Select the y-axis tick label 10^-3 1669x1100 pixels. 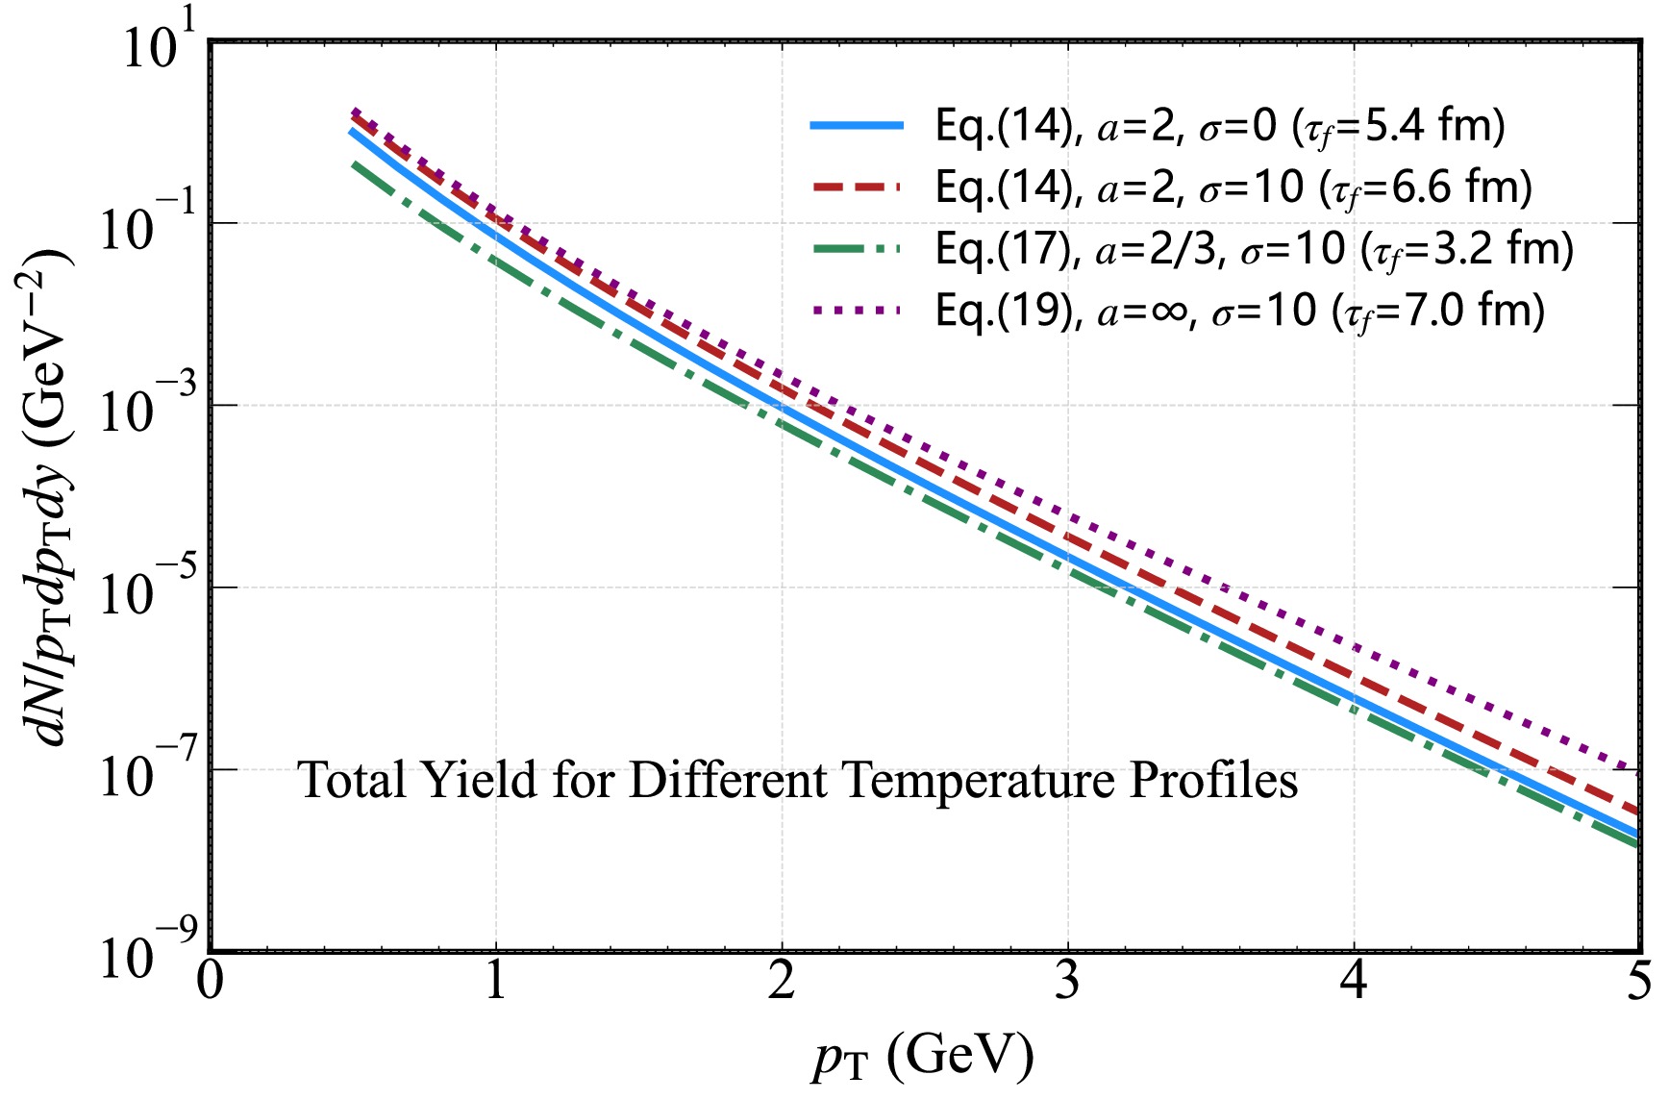[x=140, y=408]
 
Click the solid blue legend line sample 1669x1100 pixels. [x=857, y=126]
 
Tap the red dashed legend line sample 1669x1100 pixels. [x=857, y=187]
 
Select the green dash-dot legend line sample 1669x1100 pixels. [x=857, y=249]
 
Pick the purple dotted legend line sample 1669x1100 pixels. [x=857, y=311]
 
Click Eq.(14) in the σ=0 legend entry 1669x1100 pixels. [x=1003, y=126]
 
